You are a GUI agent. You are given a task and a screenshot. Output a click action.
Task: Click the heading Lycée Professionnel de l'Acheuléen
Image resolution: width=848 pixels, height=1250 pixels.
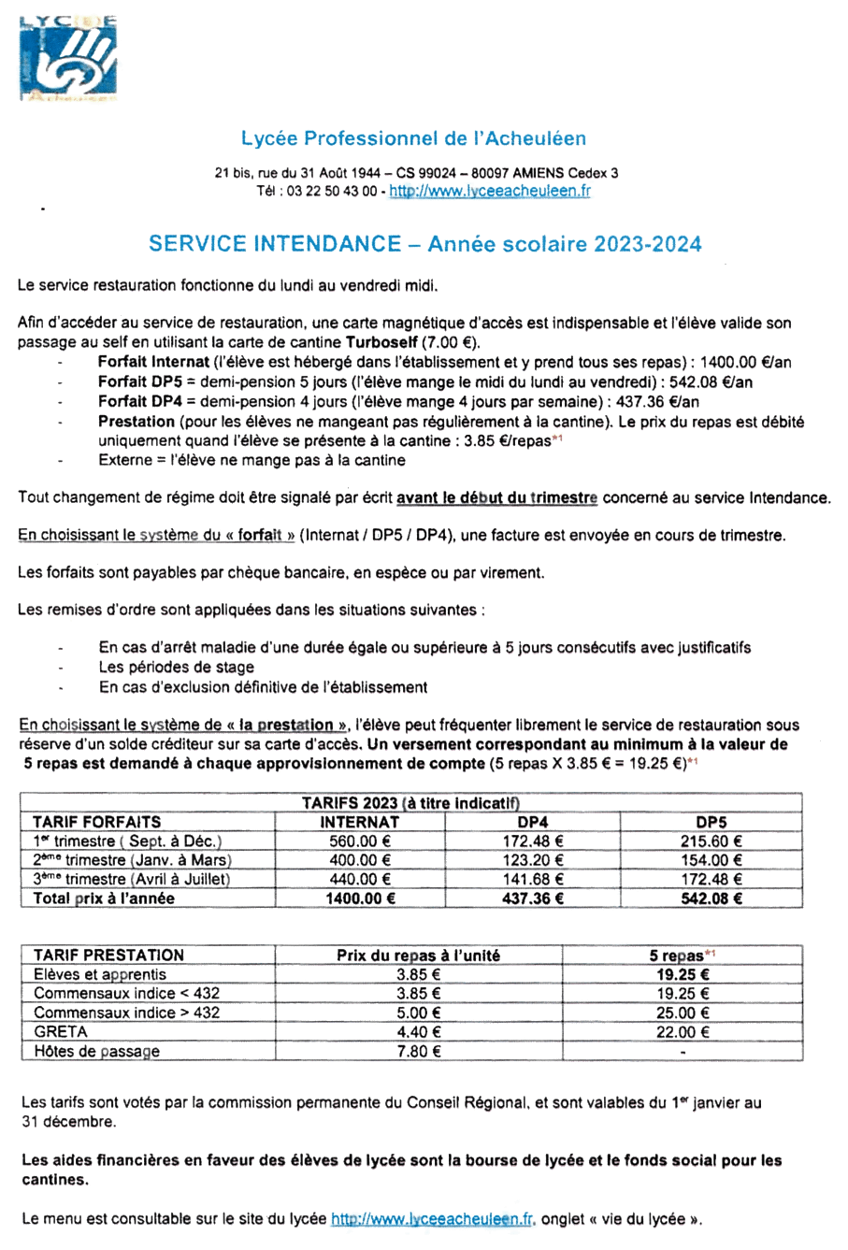[413, 138]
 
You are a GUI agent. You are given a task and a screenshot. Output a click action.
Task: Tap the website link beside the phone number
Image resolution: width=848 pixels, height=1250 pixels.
[489, 191]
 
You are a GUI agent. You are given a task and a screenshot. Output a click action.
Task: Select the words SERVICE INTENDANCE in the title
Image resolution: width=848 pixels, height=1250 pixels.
[274, 244]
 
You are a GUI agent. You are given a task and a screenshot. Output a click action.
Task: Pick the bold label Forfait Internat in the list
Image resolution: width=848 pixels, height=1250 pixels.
[153, 363]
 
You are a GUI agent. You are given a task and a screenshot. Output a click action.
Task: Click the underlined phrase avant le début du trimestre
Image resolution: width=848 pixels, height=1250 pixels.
[496, 498]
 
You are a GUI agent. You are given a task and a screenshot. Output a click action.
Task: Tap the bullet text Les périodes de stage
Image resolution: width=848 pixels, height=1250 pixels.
[177, 668]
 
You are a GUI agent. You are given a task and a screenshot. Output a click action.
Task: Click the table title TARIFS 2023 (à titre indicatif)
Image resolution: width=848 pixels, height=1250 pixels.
[410, 803]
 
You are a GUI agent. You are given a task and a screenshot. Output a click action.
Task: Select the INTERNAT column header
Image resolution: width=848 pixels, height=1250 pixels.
[360, 823]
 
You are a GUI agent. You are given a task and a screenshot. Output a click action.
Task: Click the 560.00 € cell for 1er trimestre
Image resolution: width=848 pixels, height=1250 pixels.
[360, 841]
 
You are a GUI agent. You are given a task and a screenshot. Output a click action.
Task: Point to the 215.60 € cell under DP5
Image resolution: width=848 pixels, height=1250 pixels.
[711, 841]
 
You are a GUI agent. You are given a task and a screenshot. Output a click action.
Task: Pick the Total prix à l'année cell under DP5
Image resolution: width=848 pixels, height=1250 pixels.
[711, 898]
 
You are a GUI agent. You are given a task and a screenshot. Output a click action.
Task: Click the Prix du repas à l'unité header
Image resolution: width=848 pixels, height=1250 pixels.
[418, 955]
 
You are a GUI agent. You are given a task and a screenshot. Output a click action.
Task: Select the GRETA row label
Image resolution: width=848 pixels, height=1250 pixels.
[61, 1032]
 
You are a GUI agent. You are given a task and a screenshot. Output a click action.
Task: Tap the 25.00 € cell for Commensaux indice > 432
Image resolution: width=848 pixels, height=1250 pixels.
[683, 1013]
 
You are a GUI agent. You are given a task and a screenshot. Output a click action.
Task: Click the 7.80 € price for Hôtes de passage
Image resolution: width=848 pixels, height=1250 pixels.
[418, 1052]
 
